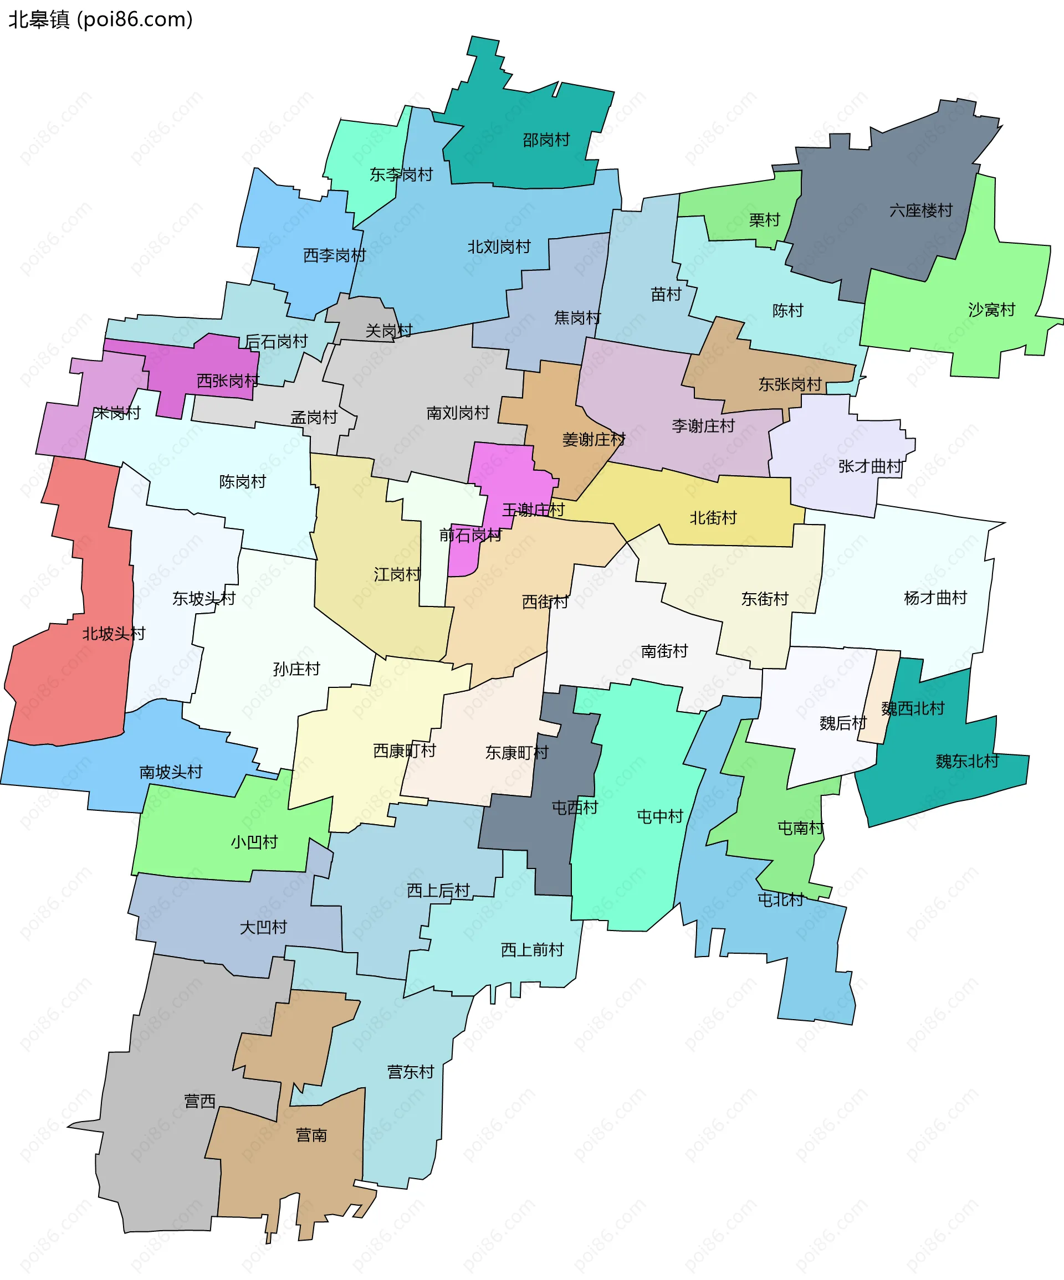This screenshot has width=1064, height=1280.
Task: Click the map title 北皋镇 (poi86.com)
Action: [101, 19]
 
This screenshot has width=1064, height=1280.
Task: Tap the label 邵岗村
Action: [546, 140]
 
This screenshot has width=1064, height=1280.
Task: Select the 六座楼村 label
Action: [920, 211]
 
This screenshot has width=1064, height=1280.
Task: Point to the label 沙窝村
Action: [991, 310]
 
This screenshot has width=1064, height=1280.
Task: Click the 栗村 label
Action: [764, 219]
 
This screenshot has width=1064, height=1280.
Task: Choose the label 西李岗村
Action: [334, 255]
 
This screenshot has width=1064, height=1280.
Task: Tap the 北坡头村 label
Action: [114, 634]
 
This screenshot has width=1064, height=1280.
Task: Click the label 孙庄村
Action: [296, 669]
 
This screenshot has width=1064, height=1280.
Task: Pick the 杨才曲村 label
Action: [935, 598]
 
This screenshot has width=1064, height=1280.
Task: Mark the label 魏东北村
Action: [967, 761]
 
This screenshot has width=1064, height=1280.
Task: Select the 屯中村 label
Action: [660, 817]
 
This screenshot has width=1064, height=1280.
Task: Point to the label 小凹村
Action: [254, 842]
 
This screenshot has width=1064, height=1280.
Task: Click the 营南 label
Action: [311, 1135]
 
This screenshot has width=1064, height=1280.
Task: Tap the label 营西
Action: [200, 1101]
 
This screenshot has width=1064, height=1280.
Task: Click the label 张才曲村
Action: [870, 466]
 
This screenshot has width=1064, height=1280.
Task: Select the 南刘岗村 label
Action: [457, 413]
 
